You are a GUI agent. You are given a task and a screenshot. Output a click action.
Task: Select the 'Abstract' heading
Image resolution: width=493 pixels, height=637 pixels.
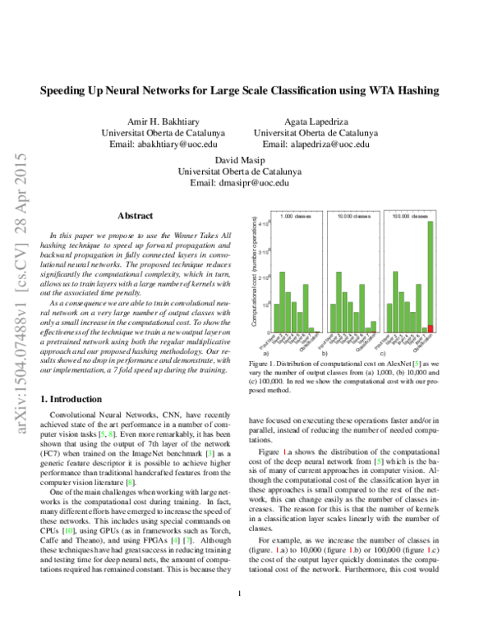coord(136,215)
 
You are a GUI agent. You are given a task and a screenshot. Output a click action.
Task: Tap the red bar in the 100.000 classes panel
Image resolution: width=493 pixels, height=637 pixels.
coord(431,327)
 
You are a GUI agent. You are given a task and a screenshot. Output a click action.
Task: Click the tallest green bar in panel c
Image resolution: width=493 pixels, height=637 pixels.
coord(431,273)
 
